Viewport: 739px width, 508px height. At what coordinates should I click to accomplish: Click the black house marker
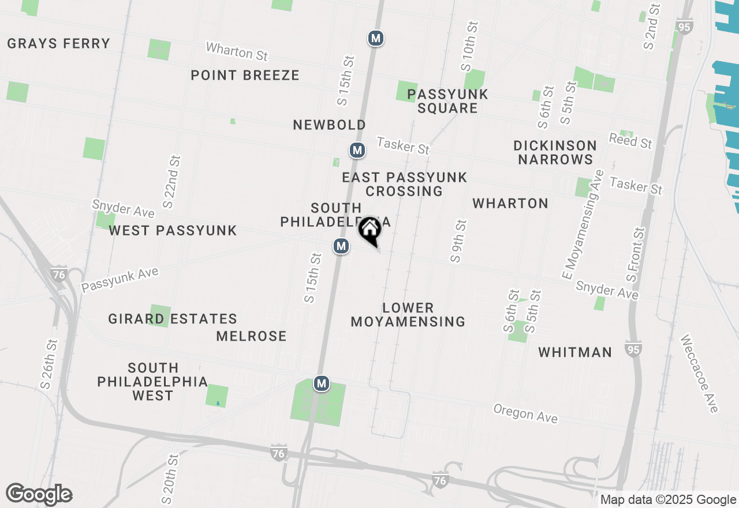(369, 230)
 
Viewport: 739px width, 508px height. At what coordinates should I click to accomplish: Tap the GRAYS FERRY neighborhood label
(58, 44)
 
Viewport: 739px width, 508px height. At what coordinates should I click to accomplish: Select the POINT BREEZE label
(245, 75)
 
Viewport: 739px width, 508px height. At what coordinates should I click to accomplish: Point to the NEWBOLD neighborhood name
(329, 125)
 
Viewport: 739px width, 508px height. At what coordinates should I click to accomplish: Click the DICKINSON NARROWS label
(555, 152)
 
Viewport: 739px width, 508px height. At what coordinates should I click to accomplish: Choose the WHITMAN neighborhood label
(575, 352)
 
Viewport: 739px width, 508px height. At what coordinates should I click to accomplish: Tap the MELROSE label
(251, 336)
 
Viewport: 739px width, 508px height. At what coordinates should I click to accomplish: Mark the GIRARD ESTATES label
(172, 319)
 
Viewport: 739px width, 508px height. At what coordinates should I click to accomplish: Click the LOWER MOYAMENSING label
(408, 315)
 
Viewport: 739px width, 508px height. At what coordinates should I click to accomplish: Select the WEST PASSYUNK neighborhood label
(173, 230)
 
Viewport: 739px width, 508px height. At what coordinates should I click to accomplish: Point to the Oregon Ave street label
(525, 413)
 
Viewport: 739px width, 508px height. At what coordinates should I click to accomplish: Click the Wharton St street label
(237, 51)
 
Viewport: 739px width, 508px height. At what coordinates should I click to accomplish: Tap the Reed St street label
(630, 140)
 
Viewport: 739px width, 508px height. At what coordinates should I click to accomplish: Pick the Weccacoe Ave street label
(699, 373)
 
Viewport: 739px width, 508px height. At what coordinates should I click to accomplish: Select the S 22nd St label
(172, 181)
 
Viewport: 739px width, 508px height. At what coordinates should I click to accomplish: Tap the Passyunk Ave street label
(120, 279)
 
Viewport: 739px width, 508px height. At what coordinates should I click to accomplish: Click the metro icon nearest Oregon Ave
(322, 383)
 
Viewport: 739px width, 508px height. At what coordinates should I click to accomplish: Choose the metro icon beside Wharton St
(376, 38)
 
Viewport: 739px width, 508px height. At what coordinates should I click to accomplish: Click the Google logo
(39, 495)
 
